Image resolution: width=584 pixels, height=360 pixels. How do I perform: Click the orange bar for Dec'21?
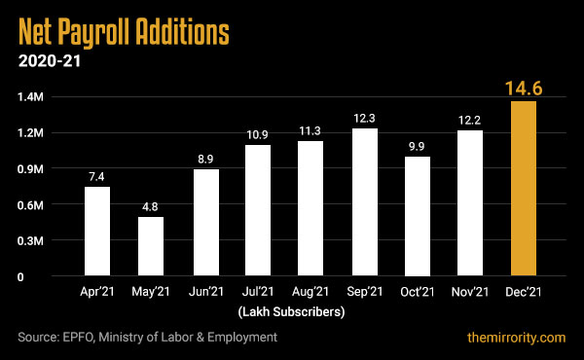pos(523,189)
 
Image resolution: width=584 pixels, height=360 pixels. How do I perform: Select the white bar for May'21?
pos(151,246)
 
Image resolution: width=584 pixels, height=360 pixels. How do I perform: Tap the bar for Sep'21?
pos(364,202)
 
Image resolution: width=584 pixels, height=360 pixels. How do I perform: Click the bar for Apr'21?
pos(97,232)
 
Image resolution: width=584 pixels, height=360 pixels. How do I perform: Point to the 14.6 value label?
pos(523,89)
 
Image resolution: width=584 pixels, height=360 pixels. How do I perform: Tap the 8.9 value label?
pos(204,158)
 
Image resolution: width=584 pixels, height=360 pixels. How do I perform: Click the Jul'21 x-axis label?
pos(257,292)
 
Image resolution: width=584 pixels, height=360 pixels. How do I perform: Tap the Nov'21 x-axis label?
pos(470,292)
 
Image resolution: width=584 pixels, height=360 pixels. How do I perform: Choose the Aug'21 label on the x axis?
pos(310,292)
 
